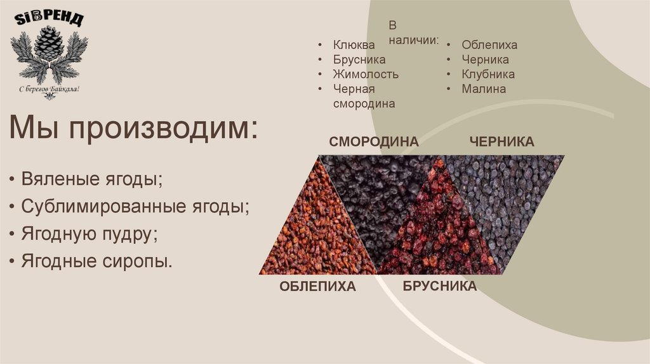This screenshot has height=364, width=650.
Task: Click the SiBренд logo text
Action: [48, 19]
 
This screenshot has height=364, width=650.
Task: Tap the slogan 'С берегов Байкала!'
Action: [49, 89]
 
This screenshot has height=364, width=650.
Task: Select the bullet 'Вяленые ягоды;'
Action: [91, 178]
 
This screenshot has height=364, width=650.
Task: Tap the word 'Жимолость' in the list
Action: [366, 74]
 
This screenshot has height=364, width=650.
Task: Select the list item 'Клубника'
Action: [488, 74]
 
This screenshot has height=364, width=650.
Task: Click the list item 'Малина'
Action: [484, 89]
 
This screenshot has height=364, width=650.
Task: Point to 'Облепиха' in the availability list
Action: [489, 45]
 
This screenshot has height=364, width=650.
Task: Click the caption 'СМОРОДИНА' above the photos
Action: [374, 141]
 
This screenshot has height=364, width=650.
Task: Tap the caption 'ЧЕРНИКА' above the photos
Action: [501, 141]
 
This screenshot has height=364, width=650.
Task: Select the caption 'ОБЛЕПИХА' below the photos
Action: [317, 287]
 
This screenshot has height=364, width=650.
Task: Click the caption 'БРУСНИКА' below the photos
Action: [439, 286]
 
